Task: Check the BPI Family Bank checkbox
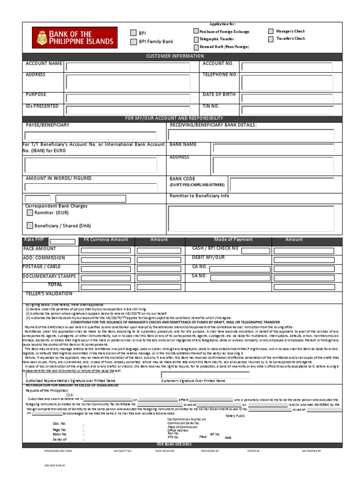coord(133,42)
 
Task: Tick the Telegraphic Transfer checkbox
coord(196,39)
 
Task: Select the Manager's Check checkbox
coord(271,31)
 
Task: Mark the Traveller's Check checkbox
coord(271,39)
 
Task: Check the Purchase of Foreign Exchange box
coord(196,31)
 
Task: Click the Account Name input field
coord(128,67)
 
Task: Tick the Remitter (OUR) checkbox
coord(30,213)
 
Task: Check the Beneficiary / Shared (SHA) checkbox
coord(30,225)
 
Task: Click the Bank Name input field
coord(273,149)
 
